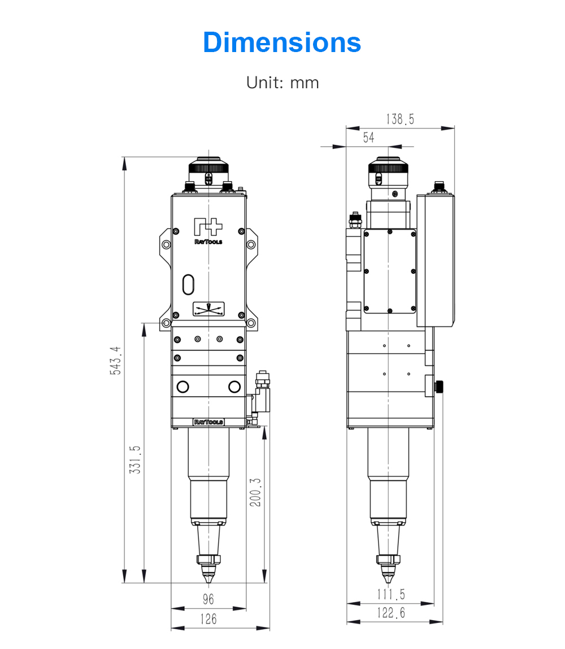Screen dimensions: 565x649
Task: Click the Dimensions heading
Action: [282, 42]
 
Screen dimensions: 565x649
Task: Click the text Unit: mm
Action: [282, 83]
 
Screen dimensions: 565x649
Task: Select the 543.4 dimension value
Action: [116, 360]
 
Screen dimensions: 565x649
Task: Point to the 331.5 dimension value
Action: [135, 459]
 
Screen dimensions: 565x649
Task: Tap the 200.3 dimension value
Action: [255, 492]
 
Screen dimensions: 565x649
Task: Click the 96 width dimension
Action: [208, 599]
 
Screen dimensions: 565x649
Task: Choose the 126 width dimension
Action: [208, 619]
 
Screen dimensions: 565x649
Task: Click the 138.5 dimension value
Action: [400, 119]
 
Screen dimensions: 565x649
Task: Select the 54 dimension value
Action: [369, 137]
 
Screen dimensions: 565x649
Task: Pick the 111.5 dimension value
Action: [391, 594]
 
